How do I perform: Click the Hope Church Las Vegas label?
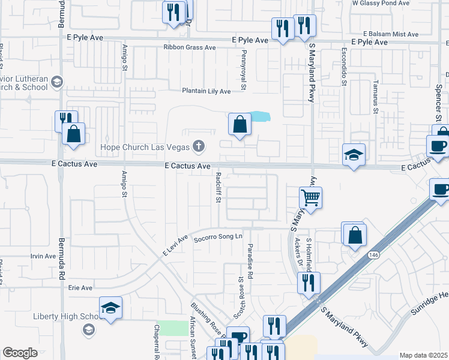144,147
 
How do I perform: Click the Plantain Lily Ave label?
206,91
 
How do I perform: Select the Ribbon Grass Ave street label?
189,47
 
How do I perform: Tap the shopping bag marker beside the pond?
240,125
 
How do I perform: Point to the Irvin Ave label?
43,256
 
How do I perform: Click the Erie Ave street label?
80,288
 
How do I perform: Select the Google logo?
20,353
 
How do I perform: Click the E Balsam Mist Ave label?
390,34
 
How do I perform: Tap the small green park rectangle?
175,328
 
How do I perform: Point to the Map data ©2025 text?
423,355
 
